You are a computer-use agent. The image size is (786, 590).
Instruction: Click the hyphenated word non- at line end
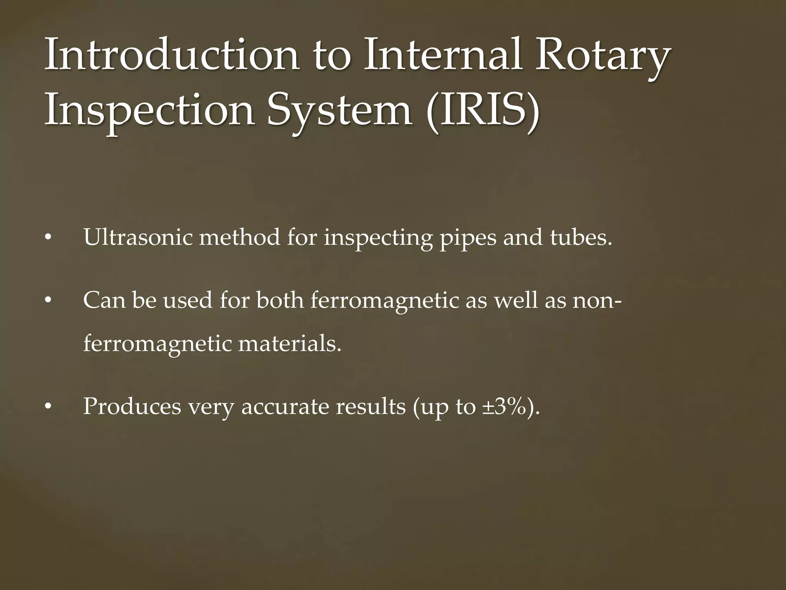(597, 300)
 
